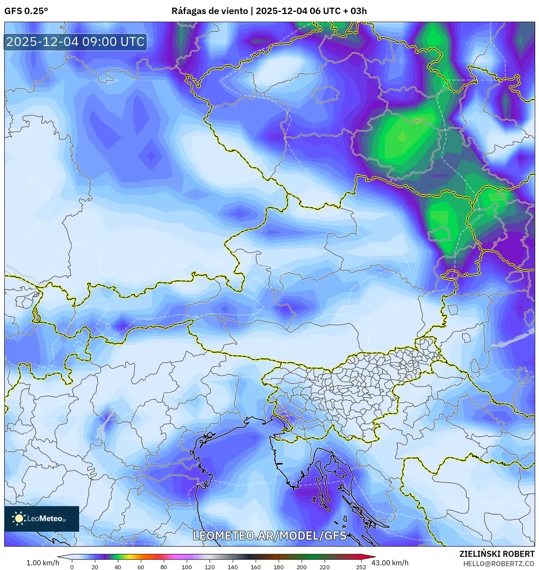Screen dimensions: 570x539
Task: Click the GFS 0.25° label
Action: tap(26, 11)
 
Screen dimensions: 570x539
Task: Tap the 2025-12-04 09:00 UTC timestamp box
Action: tap(75, 42)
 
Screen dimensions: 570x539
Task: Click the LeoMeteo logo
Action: tap(42, 518)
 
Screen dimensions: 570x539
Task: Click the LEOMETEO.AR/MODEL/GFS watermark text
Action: tap(270, 535)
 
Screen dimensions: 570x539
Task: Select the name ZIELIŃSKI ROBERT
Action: tap(496, 554)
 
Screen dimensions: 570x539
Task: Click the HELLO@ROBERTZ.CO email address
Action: tap(499, 564)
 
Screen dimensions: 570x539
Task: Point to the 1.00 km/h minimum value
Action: tap(43, 563)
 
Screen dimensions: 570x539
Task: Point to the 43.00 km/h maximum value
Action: tap(390, 563)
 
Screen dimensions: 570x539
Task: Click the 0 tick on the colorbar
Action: tap(71, 567)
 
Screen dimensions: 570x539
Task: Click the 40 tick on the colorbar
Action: tap(118, 567)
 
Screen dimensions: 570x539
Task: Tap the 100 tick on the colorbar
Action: tap(187, 567)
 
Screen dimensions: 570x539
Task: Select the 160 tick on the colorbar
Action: tap(256, 567)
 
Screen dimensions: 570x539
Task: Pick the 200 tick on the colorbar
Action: tap(302, 567)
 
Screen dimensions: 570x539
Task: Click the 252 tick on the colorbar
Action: tap(361, 567)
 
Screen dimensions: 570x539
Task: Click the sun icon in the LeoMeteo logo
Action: tap(19, 518)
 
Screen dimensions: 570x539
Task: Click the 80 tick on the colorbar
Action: tap(164, 567)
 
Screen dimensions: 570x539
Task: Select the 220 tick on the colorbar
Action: tap(325, 567)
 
